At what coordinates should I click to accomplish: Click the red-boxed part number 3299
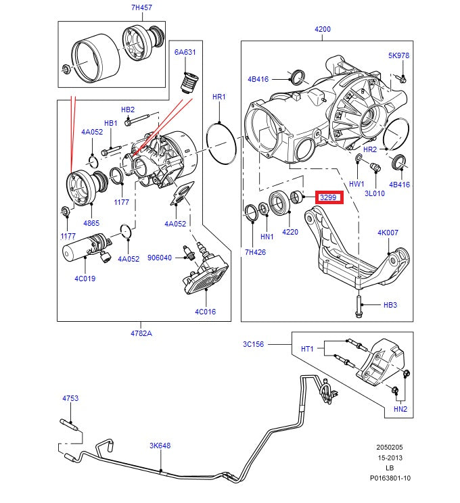329,197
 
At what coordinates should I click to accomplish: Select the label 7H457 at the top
141,7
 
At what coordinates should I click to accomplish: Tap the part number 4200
323,29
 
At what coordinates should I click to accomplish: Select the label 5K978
398,55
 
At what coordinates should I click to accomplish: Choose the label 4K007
388,233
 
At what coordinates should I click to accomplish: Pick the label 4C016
205,312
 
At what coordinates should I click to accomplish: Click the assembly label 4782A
141,333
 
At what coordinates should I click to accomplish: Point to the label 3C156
254,344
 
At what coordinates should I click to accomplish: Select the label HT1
307,349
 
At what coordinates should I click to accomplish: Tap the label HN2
400,409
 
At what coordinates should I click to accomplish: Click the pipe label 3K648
160,446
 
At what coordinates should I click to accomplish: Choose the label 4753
70,399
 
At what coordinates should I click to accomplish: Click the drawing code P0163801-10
390,478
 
